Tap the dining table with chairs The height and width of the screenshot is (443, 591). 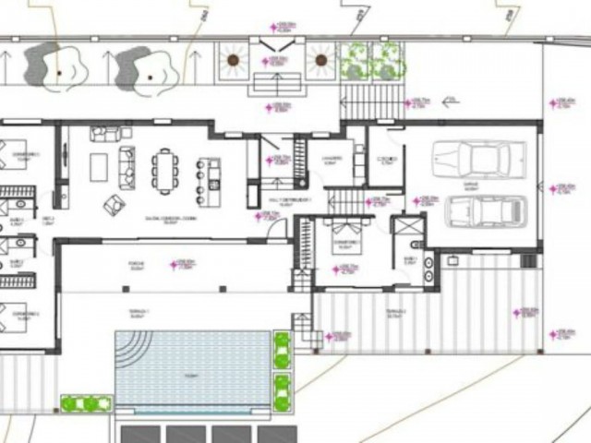coord(166,171)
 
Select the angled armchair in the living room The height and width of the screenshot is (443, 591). coord(115,204)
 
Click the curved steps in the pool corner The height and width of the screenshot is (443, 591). coord(131,349)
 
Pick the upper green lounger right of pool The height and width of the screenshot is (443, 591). coord(283,350)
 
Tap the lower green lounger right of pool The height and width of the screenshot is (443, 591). coord(283,387)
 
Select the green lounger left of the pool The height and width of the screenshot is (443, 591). coord(86,404)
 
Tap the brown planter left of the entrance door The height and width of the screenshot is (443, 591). coord(234,61)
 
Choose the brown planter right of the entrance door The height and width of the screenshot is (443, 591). coord(320,61)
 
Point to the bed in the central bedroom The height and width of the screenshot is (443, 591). coord(346,236)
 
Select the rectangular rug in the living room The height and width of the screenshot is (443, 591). coord(99,167)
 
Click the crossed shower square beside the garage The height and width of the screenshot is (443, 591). coord(404,226)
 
